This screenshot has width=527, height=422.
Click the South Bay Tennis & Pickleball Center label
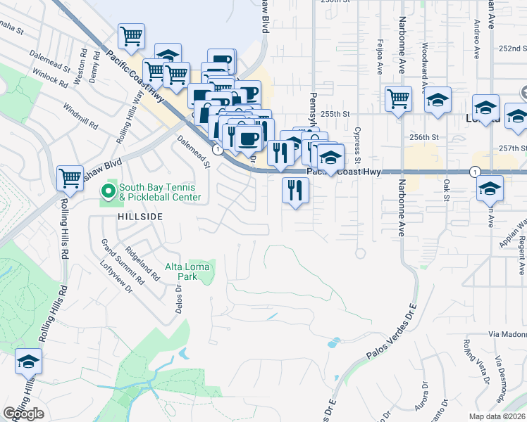160,192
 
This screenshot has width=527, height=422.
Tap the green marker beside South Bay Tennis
108,190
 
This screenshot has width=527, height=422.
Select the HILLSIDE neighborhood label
132,218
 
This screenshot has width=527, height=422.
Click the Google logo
23,414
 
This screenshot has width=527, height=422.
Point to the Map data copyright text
497,416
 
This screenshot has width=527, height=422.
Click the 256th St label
425,138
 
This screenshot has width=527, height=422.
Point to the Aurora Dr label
424,396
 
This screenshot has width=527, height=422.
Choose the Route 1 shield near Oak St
476,172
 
